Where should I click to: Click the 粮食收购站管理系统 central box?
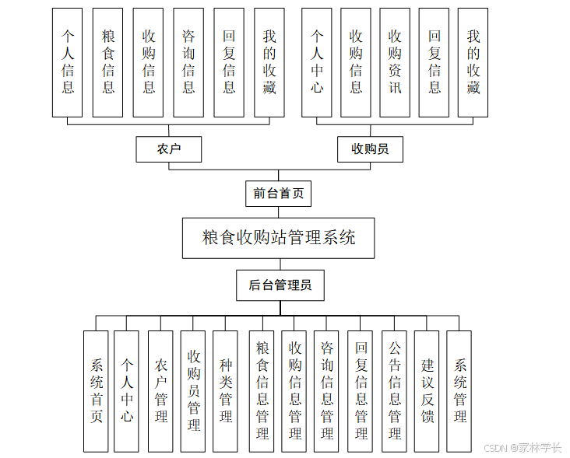278,238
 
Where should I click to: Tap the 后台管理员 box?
280,285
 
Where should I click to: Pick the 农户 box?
168,149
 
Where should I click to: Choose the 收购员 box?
370,149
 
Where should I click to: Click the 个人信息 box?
69,62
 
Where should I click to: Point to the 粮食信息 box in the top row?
108,62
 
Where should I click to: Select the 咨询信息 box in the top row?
188,62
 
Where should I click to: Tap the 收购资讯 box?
395,62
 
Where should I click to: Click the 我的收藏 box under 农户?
269,62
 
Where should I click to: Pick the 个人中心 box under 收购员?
317,62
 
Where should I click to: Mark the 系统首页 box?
96,390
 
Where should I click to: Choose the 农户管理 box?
161,390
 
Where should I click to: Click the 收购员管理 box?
193,390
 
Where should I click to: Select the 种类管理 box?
225,390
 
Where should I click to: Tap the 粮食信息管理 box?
262,390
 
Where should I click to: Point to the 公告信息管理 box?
395,390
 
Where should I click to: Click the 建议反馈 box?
427,390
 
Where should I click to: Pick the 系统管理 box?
460,390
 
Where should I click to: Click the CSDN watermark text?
522,448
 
